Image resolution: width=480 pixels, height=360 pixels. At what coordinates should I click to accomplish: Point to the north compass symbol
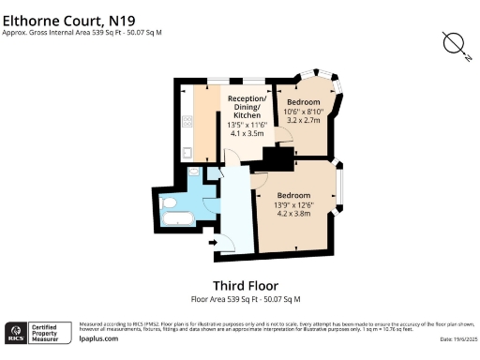point(456,44)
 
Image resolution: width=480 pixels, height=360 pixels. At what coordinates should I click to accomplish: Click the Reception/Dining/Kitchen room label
point(248,106)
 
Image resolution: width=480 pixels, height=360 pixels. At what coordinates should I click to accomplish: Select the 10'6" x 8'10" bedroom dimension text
point(304,112)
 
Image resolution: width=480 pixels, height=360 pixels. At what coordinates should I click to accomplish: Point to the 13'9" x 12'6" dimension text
point(293,203)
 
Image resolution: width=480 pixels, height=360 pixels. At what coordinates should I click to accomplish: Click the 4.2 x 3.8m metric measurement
point(293,213)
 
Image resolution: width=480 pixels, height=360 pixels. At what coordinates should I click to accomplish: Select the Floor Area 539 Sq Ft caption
point(246,299)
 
